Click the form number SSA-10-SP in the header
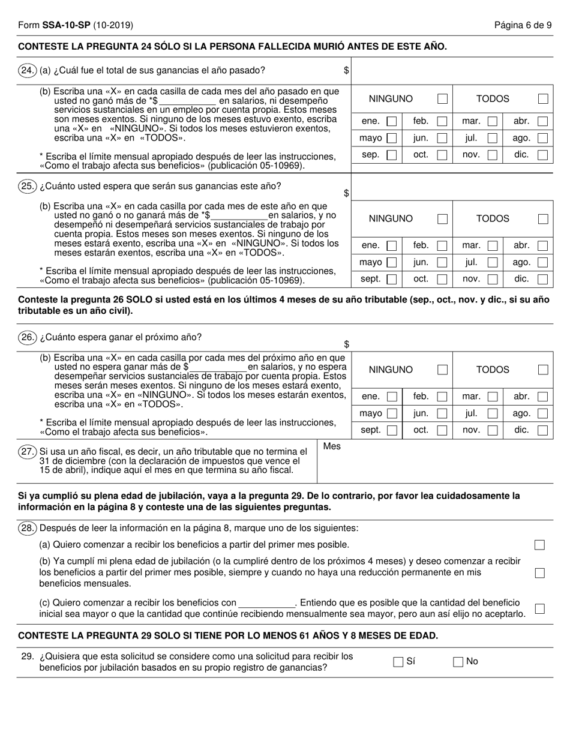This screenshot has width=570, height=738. tap(65, 25)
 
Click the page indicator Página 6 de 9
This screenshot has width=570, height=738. tap(523, 25)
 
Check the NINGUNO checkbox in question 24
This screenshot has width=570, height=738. tap(442, 99)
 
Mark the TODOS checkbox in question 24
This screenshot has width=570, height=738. tap(542, 99)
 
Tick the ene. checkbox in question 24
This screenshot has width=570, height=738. tap(391, 121)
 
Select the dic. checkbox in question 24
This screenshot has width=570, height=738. tap(542, 155)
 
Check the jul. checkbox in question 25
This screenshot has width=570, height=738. tap(492, 262)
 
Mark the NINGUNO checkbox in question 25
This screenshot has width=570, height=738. tap(442, 219)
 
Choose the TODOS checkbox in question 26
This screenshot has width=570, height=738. tap(542, 370)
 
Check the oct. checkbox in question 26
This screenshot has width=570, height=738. tap(442, 430)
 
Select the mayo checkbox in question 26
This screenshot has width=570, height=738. tap(391, 413)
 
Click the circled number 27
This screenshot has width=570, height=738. tap(28, 452)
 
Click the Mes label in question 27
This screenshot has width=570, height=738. tap(332, 446)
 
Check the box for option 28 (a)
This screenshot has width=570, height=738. tap(539, 545)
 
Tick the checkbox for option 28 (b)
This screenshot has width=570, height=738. tap(539, 573)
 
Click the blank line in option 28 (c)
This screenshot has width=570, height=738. tap(267, 602)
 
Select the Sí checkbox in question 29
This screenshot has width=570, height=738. tap(398, 662)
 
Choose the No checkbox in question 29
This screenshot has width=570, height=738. tap(458, 662)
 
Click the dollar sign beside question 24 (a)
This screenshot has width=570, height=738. tap(346, 70)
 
